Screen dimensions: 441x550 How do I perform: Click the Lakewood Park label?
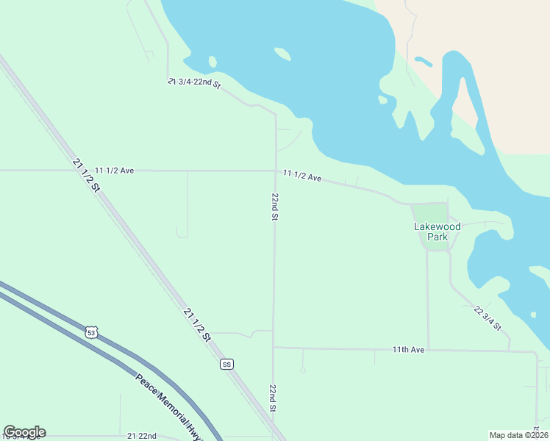click(438, 232)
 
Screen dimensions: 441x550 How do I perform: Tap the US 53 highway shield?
click(90, 332)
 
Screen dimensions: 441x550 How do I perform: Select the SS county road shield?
click(226, 364)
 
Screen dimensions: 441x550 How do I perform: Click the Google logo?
click(24, 432)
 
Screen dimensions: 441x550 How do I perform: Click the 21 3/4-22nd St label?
click(194, 83)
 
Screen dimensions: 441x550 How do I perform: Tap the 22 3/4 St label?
click(488, 318)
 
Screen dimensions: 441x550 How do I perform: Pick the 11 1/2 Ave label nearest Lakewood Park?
click(302, 176)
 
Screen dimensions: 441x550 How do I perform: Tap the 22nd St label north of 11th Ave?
click(274, 207)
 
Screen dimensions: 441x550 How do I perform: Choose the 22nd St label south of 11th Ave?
click(273, 398)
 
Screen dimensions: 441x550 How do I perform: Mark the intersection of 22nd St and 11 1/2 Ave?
click(276, 171)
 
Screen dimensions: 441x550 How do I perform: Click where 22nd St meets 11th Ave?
click(274, 348)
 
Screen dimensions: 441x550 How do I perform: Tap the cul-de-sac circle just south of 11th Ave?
click(302, 370)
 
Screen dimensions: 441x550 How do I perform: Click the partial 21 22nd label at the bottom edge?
click(142, 436)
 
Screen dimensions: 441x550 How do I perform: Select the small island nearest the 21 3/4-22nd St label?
click(212, 62)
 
